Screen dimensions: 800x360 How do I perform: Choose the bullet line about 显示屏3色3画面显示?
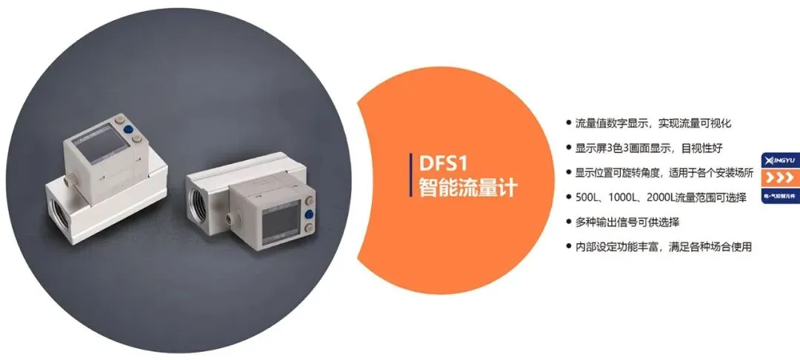tap(638, 147)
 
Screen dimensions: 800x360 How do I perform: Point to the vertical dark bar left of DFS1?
tap(412, 175)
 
